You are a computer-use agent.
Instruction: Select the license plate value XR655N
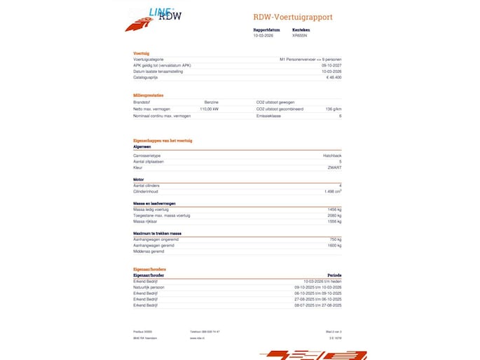coord(299,35)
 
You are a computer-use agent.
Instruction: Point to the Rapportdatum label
coord(266,30)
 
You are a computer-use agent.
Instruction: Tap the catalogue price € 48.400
coord(334,77)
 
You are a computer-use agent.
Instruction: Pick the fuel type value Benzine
coord(212,102)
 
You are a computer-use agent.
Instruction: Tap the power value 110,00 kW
coord(210,109)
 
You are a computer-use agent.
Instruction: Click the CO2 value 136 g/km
coord(334,109)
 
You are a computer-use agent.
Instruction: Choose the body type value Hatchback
coord(332,155)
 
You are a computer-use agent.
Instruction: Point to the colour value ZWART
coord(335,167)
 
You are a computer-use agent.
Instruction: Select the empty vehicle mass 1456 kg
coord(334,209)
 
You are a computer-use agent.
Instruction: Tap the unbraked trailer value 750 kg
coord(335,239)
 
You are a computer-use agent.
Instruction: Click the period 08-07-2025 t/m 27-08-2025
coord(318,305)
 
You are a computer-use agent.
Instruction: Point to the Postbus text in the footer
coord(143,331)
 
